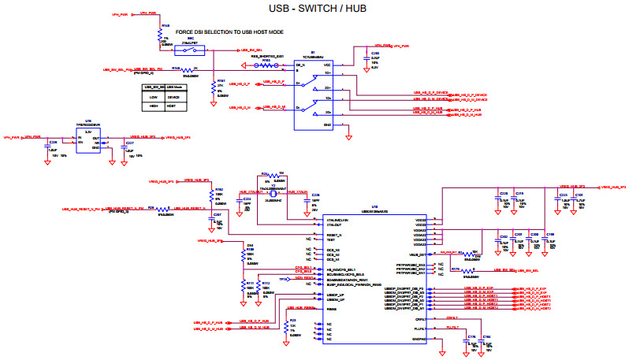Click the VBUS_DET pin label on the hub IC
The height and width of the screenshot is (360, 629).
(418, 254)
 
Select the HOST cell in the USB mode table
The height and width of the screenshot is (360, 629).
(173, 105)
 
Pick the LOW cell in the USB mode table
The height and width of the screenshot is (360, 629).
(153, 97)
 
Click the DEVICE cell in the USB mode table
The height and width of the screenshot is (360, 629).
(173, 97)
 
